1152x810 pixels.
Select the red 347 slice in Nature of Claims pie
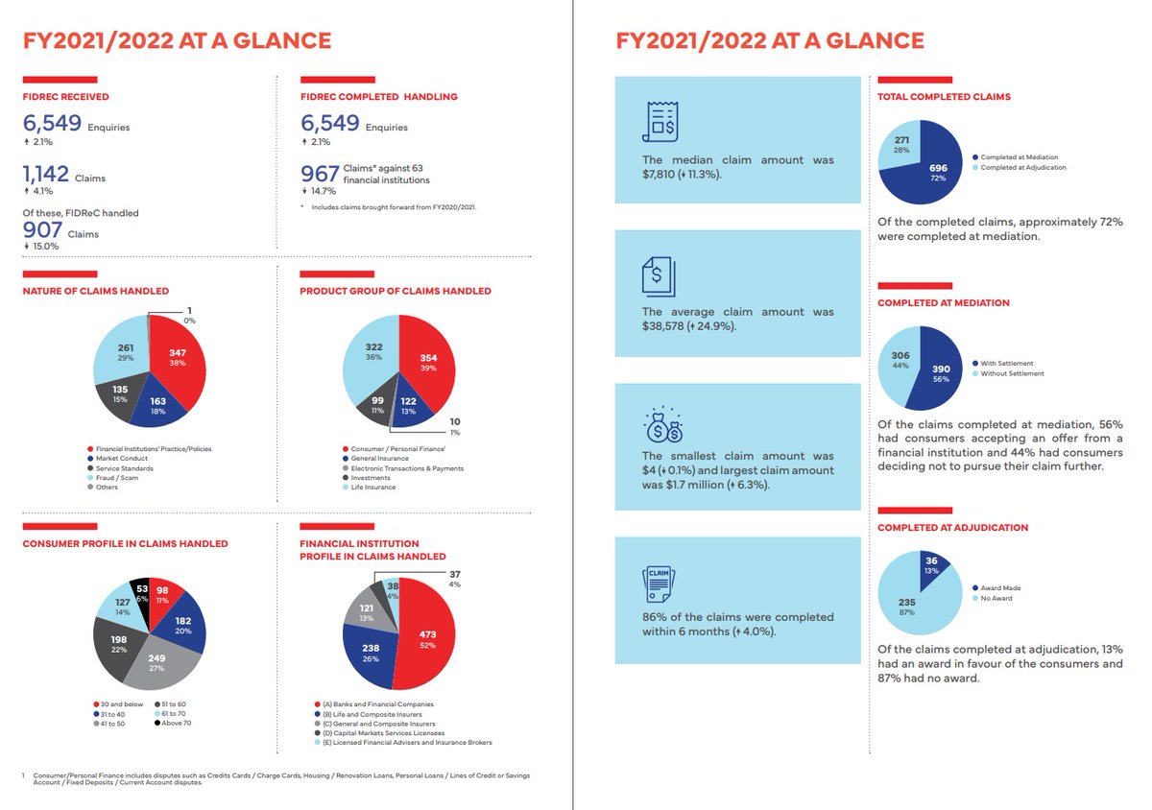179,360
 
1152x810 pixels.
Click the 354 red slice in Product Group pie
427,363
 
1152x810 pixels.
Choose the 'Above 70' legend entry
175,723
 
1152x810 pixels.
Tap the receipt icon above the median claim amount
660,120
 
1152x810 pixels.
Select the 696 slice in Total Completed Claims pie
936,173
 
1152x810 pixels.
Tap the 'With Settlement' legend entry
1006,363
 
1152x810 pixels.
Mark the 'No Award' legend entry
996,598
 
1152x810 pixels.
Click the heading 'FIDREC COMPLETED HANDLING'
378,96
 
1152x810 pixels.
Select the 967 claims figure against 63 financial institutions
320,173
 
